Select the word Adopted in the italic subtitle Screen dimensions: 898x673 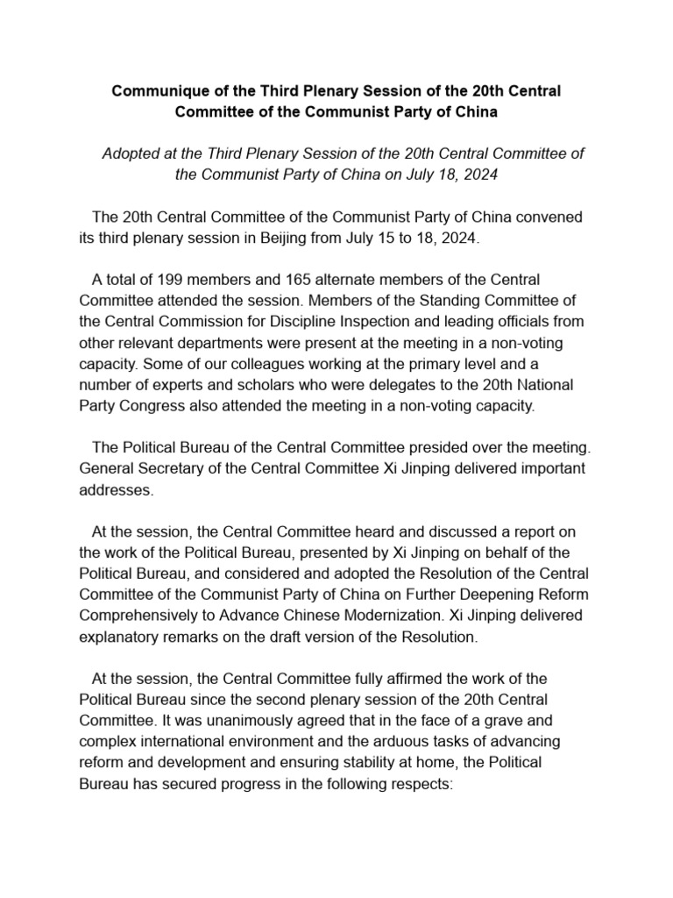tap(131, 153)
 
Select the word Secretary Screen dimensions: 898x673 tap(166, 468)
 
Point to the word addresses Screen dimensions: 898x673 tap(116, 489)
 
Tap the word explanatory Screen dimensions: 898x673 tap(117, 637)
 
